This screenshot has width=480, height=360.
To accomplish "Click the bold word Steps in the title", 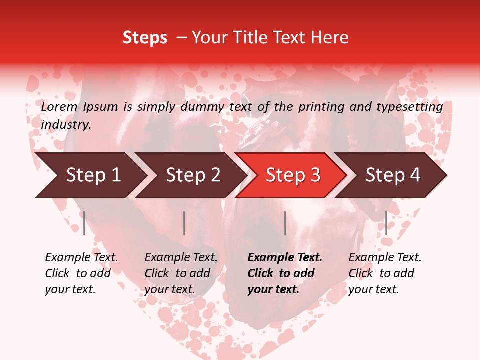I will (145, 38).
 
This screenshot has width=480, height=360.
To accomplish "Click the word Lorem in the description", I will (59, 107).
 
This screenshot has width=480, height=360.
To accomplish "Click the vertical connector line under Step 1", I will (84, 223).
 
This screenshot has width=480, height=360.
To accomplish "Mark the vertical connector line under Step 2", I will (184, 223).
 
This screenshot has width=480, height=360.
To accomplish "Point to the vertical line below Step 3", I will (285, 223).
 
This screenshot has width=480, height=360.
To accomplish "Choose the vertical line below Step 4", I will (386, 223).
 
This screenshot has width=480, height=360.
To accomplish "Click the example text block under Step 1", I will (81, 273).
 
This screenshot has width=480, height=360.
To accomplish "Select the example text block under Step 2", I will (181, 273).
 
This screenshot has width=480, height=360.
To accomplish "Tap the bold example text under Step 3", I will (285, 273).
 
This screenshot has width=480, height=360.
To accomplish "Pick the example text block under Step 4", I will (385, 273).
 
